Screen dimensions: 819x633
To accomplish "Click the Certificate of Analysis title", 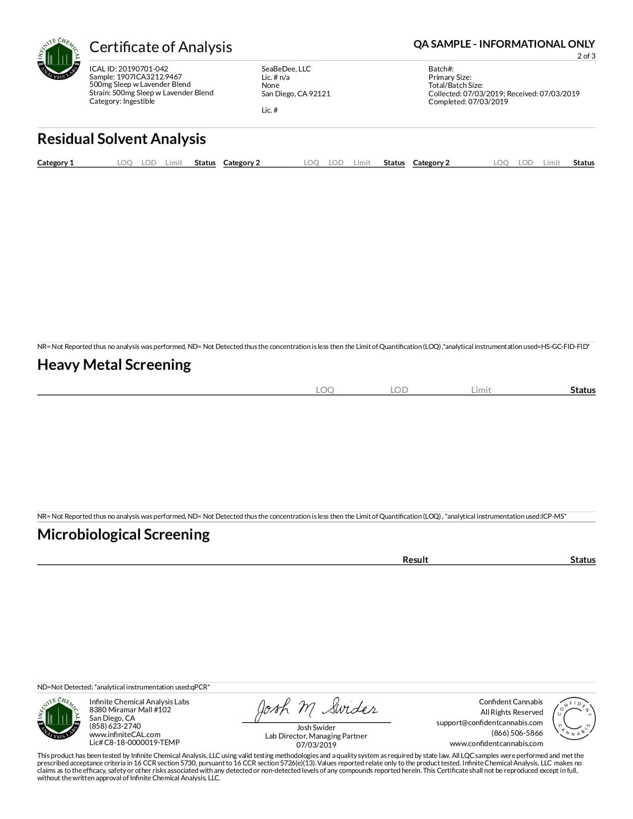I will click(x=160, y=47).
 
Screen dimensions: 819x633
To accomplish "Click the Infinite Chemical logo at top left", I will click(x=59, y=59).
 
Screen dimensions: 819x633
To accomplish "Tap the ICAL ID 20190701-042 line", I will click(x=129, y=69).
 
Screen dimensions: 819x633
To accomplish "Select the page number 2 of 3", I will click(x=586, y=56).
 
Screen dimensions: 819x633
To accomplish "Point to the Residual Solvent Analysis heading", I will click(x=122, y=139).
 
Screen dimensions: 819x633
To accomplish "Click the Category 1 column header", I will click(x=55, y=163).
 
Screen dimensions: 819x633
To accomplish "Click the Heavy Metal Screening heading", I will click(x=114, y=365).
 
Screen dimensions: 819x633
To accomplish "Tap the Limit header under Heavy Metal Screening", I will click(x=481, y=390).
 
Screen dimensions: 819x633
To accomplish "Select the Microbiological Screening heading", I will click(x=124, y=535).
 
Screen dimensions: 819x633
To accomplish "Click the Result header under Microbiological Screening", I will click(x=415, y=560).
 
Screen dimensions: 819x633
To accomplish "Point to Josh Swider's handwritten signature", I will click(x=316, y=709).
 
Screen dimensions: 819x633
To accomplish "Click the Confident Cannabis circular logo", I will click(x=574, y=719).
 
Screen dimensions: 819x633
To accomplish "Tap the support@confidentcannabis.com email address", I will click(x=489, y=723).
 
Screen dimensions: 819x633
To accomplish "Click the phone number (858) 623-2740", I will click(x=115, y=726).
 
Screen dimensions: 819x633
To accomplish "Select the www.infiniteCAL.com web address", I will click(x=125, y=735).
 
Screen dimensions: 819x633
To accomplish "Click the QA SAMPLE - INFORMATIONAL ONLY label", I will click(x=504, y=44).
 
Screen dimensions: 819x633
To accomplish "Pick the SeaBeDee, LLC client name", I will click(x=286, y=69).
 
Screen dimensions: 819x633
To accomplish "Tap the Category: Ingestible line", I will click(x=122, y=101).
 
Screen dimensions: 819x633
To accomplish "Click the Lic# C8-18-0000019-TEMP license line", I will click(x=135, y=743).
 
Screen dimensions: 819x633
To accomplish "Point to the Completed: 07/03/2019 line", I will click(x=468, y=102).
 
